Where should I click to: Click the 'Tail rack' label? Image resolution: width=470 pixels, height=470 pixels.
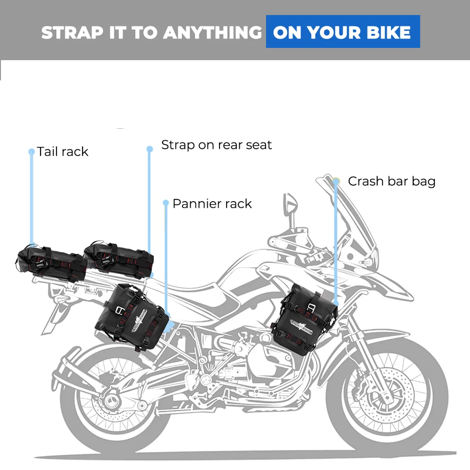pos(63,152)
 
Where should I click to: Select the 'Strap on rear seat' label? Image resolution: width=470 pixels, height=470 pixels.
pos(216,145)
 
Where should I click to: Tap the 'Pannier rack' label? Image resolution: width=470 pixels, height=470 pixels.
pos(212,204)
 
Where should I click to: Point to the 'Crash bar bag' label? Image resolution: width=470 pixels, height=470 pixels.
pos(392,181)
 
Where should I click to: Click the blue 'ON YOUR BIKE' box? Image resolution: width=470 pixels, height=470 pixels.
pos(343,32)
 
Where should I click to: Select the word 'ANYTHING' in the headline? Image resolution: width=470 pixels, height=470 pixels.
pos(212,32)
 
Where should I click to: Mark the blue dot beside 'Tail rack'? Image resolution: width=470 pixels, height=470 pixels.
pos(31,152)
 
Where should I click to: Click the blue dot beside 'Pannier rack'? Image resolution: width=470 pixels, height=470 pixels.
pos(165,203)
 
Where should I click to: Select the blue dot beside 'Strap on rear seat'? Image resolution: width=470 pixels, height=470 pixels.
pos(149,149)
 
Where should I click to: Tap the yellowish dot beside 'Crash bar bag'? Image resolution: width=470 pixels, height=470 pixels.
pos(336,181)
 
